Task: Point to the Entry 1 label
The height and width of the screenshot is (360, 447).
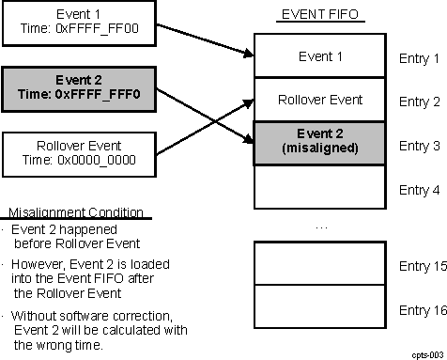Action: (x=419, y=58)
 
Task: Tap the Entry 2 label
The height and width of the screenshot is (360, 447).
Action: (x=419, y=102)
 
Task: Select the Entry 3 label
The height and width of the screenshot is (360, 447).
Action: (x=419, y=146)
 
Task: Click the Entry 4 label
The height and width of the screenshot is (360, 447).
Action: (x=419, y=189)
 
